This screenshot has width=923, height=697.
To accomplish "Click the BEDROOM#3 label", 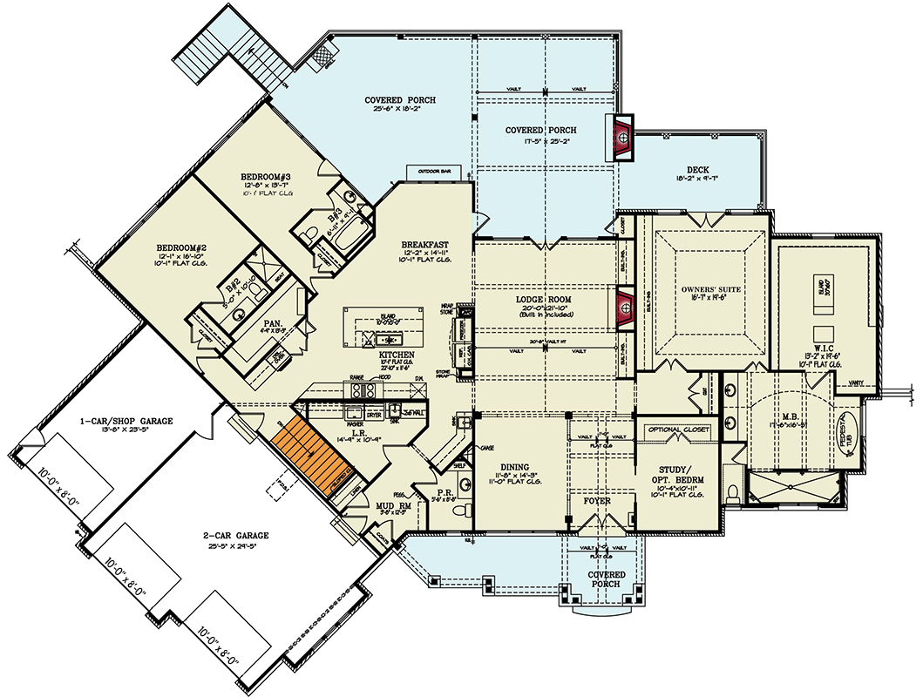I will (265, 177).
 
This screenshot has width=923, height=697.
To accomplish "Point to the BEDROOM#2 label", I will (180, 247).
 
